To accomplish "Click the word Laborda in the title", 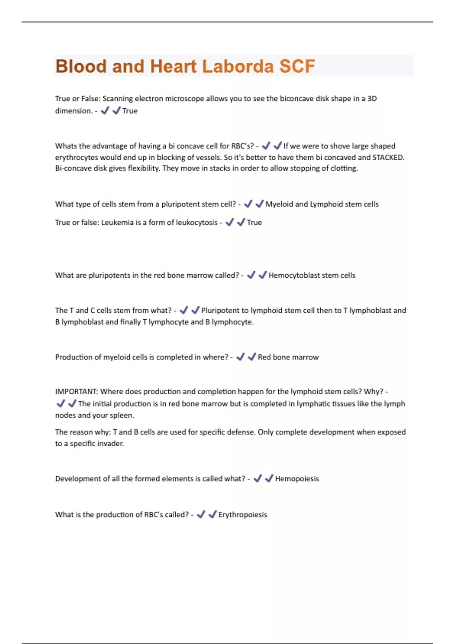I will (x=238, y=66).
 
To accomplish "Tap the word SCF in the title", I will (x=297, y=66).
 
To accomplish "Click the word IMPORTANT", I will (x=76, y=391).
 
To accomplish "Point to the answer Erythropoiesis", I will (x=243, y=514).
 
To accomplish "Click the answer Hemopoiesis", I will (x=297, y=478).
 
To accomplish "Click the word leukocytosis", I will (x=197, y=222).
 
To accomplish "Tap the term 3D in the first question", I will (x=372, y=98).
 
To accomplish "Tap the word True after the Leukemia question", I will (x=254, y=222).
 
